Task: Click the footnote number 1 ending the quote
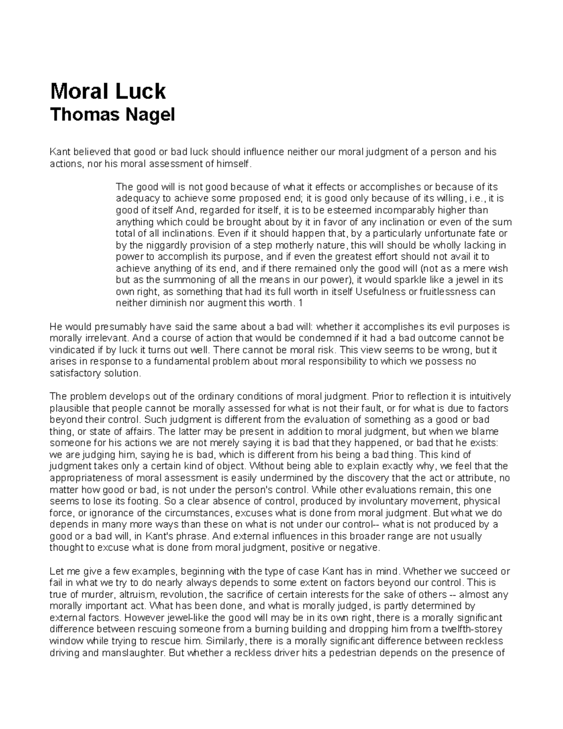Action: [x=301, y=303]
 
